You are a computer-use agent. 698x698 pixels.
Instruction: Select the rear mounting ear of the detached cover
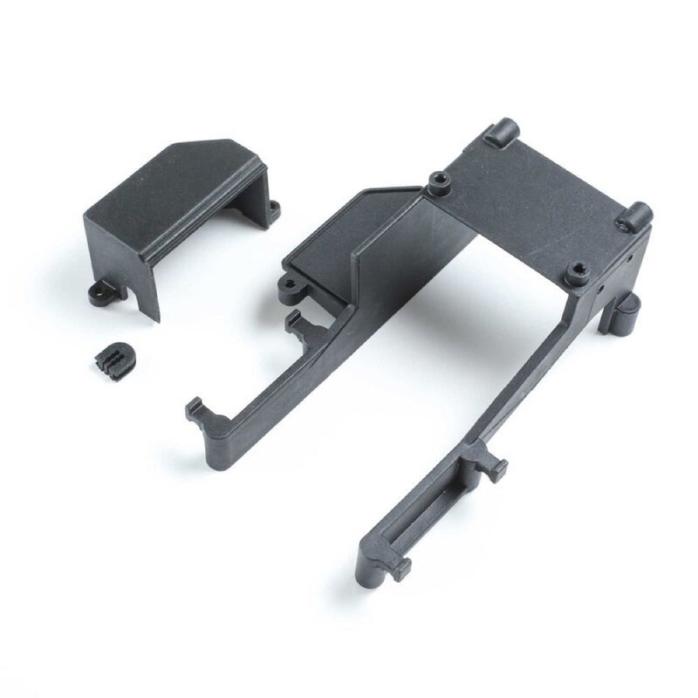click(x=274, y=209)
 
